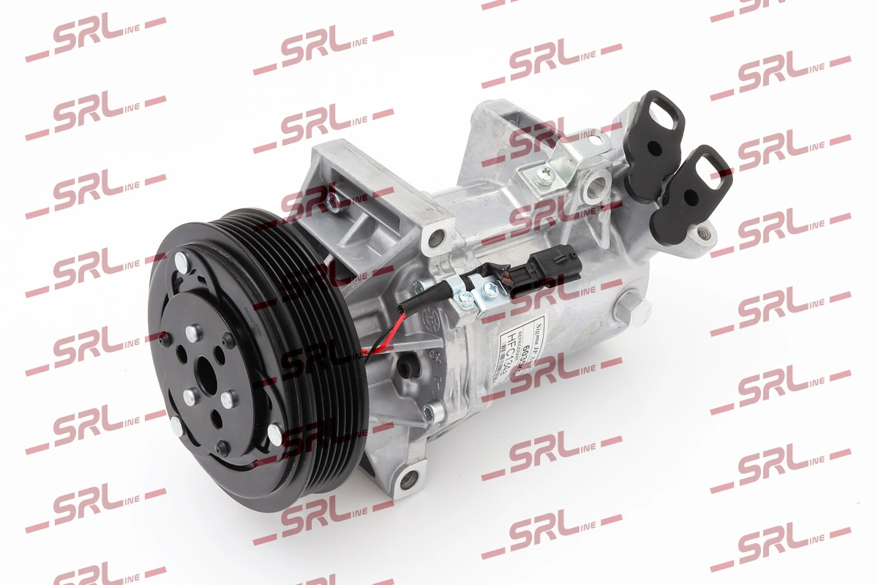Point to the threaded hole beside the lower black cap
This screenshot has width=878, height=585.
coord(704,233)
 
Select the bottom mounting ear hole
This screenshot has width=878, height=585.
coord(408,479)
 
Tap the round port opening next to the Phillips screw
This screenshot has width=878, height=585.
coord(594,186)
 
